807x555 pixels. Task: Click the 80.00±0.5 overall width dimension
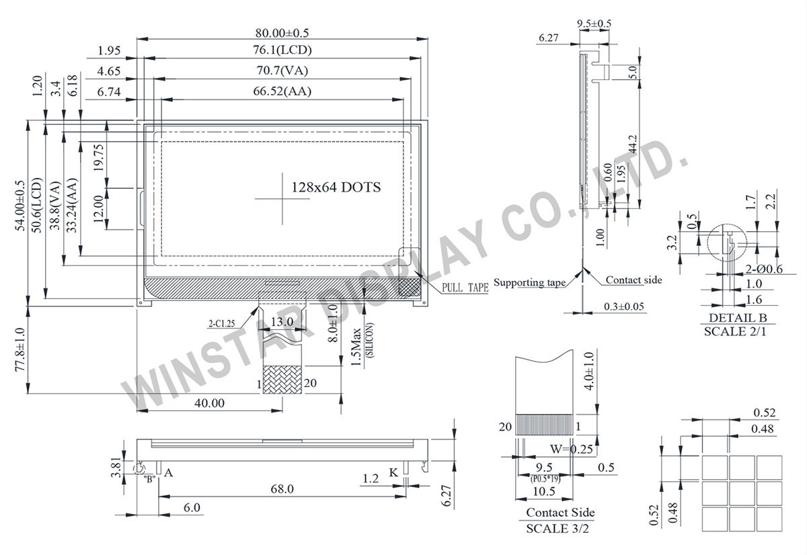[282, 32]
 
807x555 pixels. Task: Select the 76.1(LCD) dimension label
[282, 50]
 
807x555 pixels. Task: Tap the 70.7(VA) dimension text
[282, 71]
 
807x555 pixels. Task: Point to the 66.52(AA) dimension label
[282, 92]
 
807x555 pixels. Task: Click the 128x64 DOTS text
[336, 187]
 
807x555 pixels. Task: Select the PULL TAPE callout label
[465, 288]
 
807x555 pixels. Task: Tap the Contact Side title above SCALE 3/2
[560, 513]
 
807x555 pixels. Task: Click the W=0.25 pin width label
[572, 449]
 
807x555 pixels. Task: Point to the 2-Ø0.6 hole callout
[765, 269]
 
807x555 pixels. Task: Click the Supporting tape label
[529, 282]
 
